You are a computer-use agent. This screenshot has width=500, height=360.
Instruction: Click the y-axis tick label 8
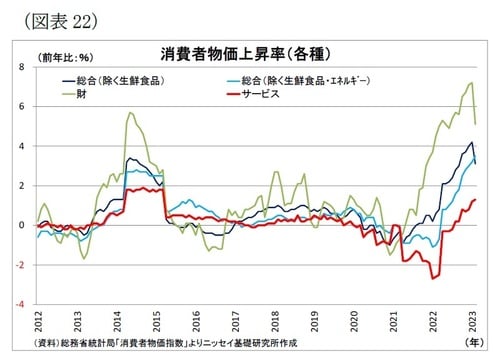[x=22, y=67]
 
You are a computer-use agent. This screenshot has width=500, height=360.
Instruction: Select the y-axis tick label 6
[x=22, y=106]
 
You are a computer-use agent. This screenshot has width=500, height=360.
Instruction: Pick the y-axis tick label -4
[x=20, y=303]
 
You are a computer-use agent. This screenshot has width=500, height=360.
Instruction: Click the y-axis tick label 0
[x=22, y=225]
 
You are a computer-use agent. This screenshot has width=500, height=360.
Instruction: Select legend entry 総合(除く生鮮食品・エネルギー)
[x=314, y=80]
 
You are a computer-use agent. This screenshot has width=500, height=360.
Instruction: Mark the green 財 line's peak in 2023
[x=471, y=83]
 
